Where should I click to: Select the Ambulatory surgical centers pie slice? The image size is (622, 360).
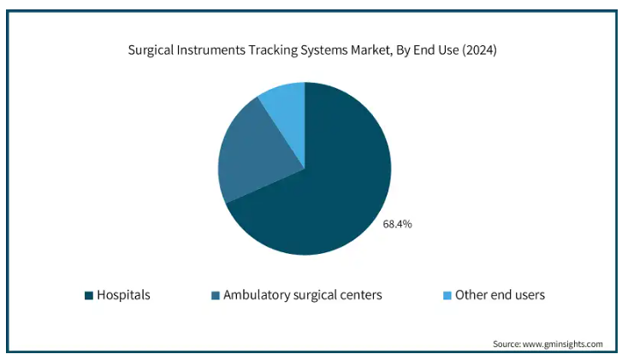point(254,155)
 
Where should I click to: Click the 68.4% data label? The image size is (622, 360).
point(397,224)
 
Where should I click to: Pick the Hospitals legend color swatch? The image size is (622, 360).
point(89,295)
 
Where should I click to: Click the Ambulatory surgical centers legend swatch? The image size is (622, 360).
point(216,295)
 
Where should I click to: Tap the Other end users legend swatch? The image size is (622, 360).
point(447,295)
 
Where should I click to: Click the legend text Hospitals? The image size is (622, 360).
point(123,295)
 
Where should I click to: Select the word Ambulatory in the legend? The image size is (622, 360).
point(257,295)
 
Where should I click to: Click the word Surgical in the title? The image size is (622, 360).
point(151,50)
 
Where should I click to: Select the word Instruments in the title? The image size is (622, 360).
point(211,50)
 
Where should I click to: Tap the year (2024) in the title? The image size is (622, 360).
point(479,50)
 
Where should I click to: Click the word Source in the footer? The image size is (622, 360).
point(506,344)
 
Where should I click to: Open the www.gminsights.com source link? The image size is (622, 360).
point(562,344)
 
